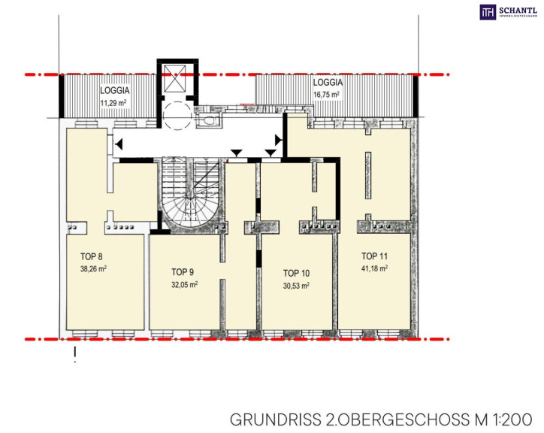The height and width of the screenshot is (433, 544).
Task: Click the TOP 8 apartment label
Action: pos(91,256)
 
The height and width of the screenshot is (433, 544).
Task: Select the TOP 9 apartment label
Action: pos(182,272)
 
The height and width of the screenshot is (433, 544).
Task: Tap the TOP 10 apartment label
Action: pos(296,274)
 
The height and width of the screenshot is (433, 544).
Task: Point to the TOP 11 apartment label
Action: pos(374,256)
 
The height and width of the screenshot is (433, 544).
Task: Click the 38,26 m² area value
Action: pos(93,269)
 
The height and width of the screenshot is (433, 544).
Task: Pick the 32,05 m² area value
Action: pos(185,285)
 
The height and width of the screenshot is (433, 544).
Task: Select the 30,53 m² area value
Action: pos(296,286)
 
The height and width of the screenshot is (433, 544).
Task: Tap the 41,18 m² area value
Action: pos(374,268)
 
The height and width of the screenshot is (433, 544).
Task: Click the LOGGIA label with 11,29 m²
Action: pos(115,91)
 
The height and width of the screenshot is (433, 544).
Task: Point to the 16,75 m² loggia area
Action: pos(326,95)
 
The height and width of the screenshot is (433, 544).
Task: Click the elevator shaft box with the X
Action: pos(175,78)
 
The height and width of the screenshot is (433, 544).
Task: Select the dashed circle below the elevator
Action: pos(177,116)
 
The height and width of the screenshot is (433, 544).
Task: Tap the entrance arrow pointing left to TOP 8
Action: pos(119,144)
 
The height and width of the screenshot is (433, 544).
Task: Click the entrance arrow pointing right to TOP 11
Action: pos(278,140)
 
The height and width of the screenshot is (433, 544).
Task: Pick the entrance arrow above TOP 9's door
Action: pos(236,153)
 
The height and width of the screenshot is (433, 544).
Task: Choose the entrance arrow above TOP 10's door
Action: pos(270,153)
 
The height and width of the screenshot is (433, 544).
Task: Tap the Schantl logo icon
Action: pos(488,12)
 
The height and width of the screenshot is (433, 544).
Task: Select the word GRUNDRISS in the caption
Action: pos(276,419)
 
